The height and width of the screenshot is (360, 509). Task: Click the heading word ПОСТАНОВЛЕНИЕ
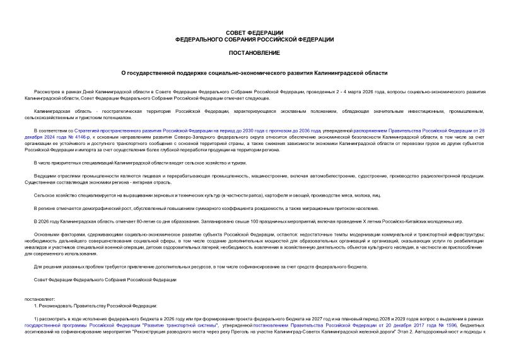[x=254, y=52]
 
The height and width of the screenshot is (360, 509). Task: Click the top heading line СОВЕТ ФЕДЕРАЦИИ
[x=254, y=32]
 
